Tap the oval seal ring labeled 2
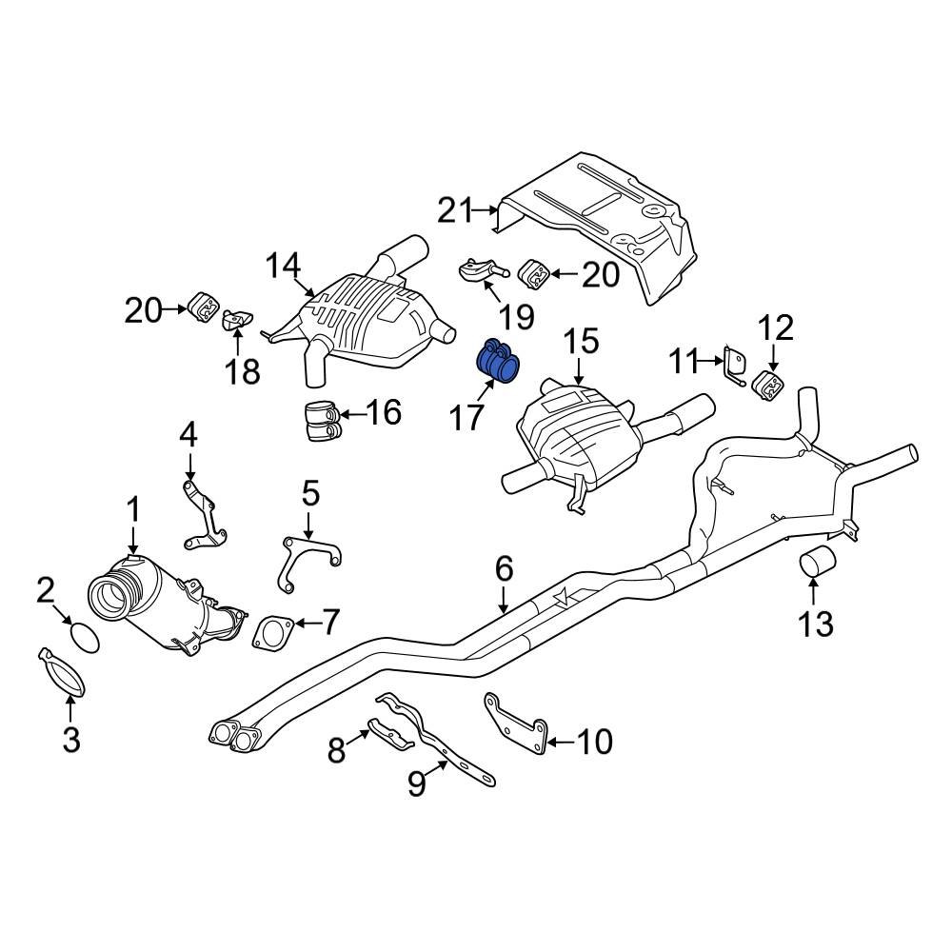[85, 636]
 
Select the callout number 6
[504, 570]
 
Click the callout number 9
[415, 783]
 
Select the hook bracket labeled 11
[733, 367]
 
